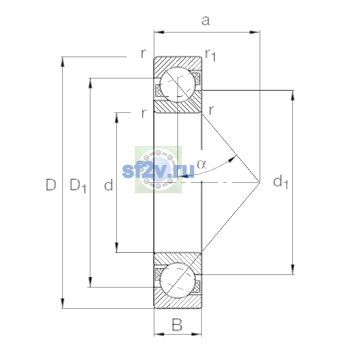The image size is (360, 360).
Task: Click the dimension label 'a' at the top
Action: (206, 21)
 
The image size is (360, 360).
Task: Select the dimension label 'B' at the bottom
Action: (177, 325)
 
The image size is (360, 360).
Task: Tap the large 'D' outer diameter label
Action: (51, 184)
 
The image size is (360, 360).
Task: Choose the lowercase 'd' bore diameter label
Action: (108, 184)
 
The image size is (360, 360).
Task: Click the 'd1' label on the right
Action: (280, 182)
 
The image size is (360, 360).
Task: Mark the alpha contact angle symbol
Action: (202, 164)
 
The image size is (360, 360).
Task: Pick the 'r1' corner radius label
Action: (210, 55)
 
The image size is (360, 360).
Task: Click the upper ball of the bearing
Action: (178, 85)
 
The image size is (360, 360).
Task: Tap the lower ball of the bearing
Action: (178, 280)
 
